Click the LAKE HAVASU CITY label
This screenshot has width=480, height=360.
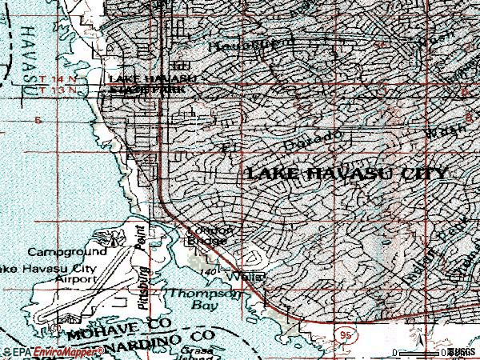click(346, 174)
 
